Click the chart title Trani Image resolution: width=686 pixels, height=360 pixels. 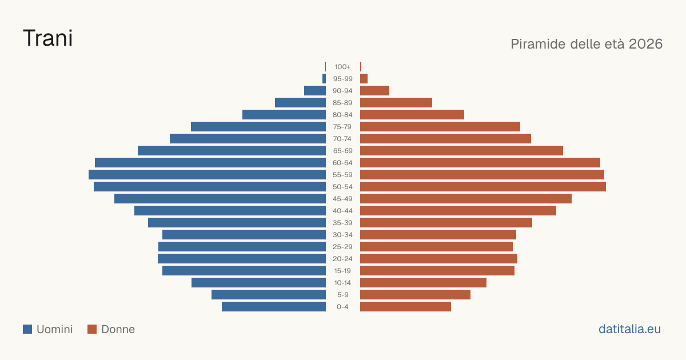click(48, 38)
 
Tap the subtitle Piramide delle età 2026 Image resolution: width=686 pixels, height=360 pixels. click(587, 44)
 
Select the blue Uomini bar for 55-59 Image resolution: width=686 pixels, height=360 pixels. click(207, 174)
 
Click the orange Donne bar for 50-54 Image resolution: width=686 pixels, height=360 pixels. click(483, 187)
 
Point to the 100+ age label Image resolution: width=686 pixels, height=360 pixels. click(342, 67)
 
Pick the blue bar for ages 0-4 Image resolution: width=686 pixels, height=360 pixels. click(274, 307)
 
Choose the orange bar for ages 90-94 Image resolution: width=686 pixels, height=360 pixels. click(374, 91)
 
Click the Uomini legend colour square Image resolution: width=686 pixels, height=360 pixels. click(27, 329)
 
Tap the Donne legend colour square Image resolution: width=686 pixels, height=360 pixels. click(92, 329)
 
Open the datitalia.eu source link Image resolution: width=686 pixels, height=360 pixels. click(629, 329)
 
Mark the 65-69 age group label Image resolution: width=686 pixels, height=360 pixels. click(342, 151)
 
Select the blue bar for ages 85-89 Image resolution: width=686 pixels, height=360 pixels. click(301, 102)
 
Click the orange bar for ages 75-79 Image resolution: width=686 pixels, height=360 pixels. click(440, 127)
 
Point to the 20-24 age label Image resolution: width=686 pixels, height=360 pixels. click(342, 259)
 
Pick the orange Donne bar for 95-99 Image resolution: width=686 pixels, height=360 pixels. click(364, 79)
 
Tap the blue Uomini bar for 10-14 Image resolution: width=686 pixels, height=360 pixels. click(259, 282)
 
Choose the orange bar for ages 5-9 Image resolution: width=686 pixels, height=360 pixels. click(415, 294)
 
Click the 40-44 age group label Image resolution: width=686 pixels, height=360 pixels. click(342, 211)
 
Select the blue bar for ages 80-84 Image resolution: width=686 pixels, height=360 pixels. click(284, 115)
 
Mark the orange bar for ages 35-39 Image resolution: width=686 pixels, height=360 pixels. click(446, 222)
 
